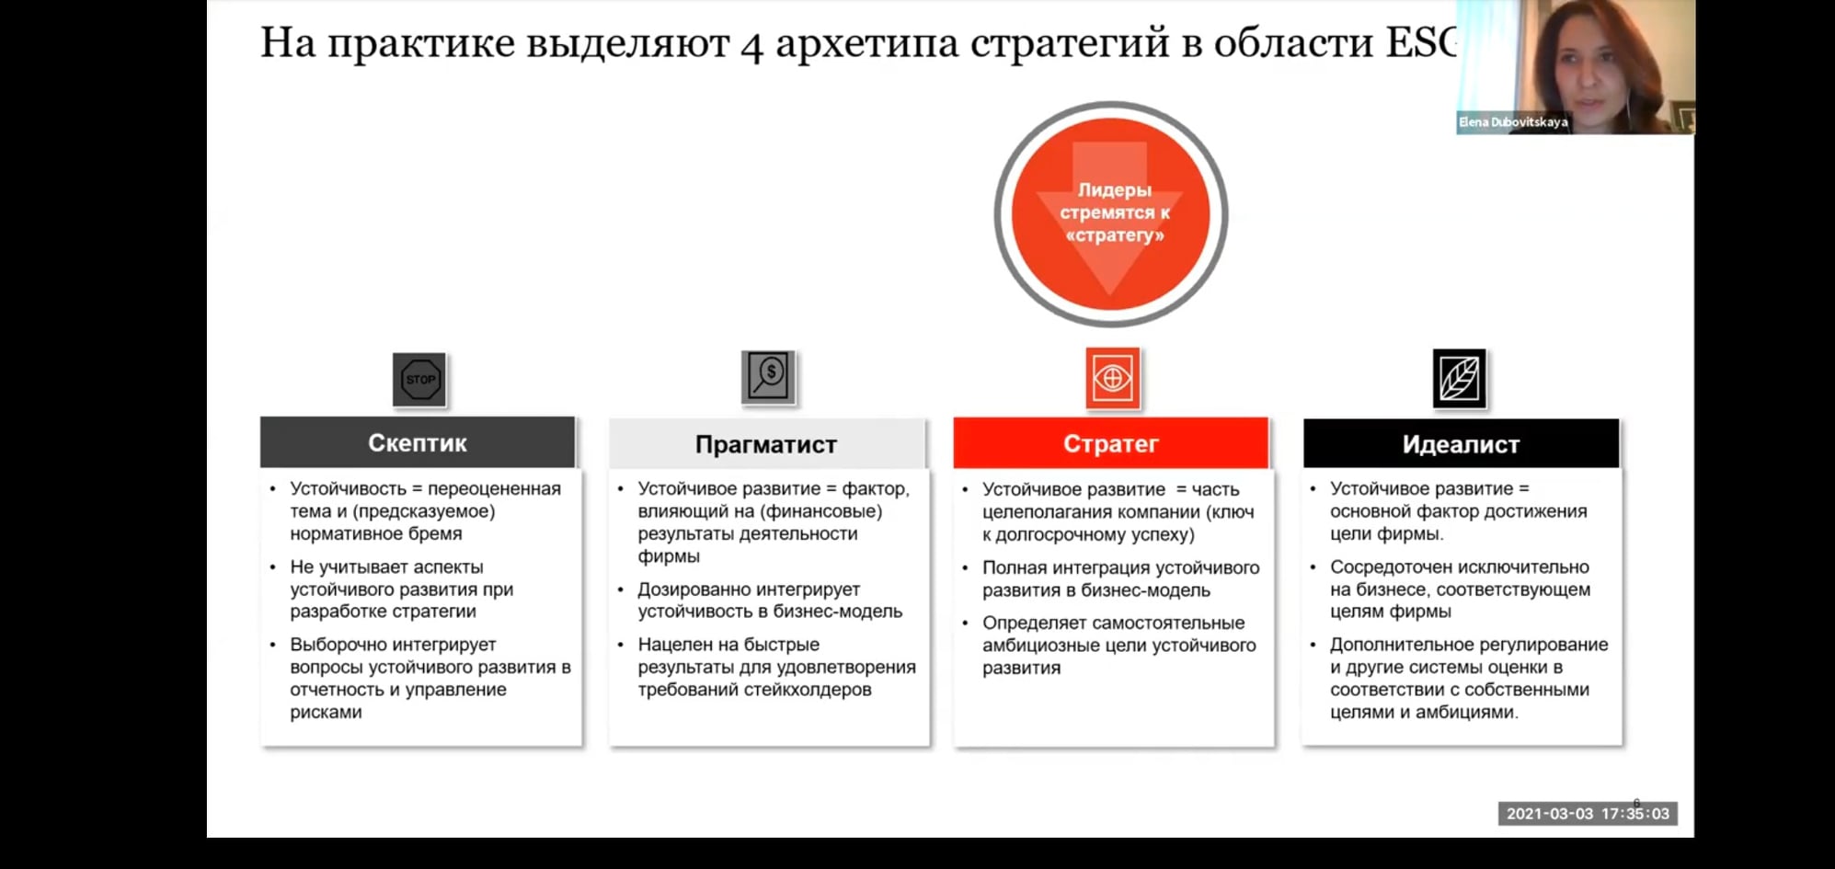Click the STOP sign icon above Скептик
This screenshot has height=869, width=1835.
(419, 380)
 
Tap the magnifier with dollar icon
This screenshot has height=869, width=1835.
(768, 377)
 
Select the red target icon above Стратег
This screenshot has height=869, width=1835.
(1112, 378)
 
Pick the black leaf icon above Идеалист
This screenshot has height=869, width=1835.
(1460, 378)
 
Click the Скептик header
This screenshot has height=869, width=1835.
(418, 442)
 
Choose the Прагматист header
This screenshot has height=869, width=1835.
(767, 444)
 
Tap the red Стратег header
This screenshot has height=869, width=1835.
(1111, 443)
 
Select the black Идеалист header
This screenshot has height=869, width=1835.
(1461, 444)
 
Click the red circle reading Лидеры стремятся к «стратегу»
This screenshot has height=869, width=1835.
(1111, 213)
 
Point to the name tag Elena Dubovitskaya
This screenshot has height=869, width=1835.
(1513, 121)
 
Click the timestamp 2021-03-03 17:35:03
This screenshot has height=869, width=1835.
(1588, 814)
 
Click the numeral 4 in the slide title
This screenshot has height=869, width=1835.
(752, 44)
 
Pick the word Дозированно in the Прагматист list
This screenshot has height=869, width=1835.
(692, 589)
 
